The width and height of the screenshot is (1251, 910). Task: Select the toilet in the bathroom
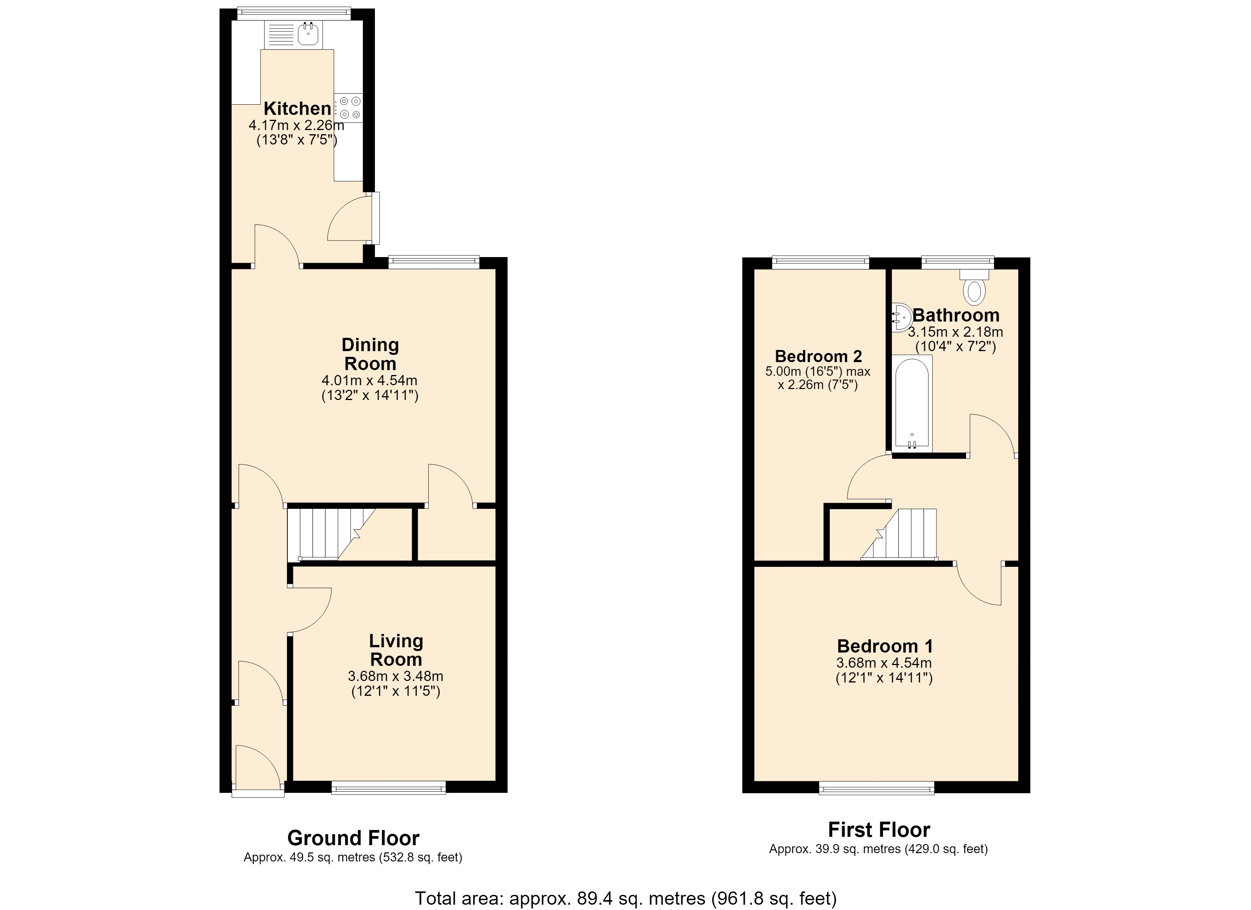pos(974,286)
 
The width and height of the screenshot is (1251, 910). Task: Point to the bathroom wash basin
pos(901,317)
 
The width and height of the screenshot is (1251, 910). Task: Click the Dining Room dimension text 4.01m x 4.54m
pos(370,380)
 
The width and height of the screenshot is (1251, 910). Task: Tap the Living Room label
pos(396,650)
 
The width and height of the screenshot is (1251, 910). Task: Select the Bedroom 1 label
pos(885,646)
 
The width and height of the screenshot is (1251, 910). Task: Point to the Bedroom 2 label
pos(818,356)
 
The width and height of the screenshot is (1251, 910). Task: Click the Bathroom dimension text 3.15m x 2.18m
pos(955,332)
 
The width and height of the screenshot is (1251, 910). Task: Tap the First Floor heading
pos(879,830)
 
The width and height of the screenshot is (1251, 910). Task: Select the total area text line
pos(625,898)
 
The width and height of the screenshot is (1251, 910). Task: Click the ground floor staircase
pos(331,534)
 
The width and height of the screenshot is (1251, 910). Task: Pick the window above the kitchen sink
pos(294,13)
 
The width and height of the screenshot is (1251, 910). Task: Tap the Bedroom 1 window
pos(877,788)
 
